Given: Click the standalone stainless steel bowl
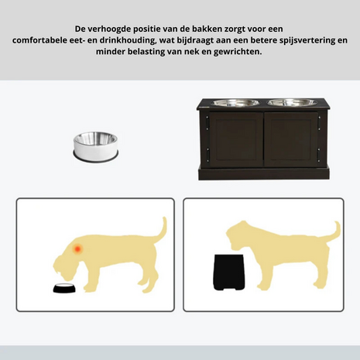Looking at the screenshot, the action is [x=96, y=147].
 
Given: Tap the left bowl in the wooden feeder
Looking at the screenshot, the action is [x=235, y=102].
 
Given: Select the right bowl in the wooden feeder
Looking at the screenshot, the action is [x=292, y=102].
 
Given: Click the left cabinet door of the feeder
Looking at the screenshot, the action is [x=235, y=139].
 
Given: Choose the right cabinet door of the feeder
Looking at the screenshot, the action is [x=290, y=139].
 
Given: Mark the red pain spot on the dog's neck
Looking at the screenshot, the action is [x=77, y=249].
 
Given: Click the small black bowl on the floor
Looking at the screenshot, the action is [x=64, y=288].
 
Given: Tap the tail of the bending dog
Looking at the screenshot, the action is [x=160, y=231].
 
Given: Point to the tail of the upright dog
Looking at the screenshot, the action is [x=334, y=233].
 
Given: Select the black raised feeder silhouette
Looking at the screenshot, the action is [x=228, y=273].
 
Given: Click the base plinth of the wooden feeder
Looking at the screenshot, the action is [x=263, y=173].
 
